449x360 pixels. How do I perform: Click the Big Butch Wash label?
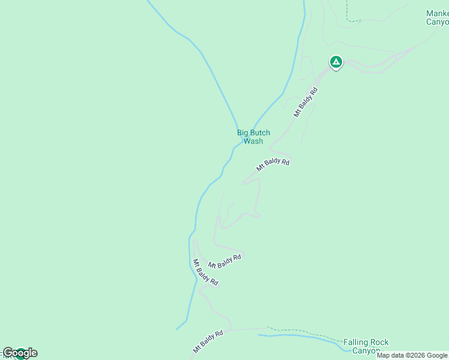pos(253,137)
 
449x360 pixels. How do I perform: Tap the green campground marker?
pos(336,61)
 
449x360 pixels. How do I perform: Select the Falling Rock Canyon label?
pos(366,347)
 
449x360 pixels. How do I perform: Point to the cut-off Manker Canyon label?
pos(437,17)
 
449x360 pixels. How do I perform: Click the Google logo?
pos(20,353)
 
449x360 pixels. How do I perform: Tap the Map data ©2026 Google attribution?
pos(412,355)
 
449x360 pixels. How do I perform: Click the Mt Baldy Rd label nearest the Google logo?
pos(208,340)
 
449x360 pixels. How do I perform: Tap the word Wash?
pos(253,141)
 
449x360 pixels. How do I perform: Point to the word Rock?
pos(380,343)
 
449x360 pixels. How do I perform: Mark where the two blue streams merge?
pos(242,142)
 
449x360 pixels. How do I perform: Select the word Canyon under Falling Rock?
pos(366,351)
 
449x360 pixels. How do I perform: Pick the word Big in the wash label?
pos(243,133)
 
